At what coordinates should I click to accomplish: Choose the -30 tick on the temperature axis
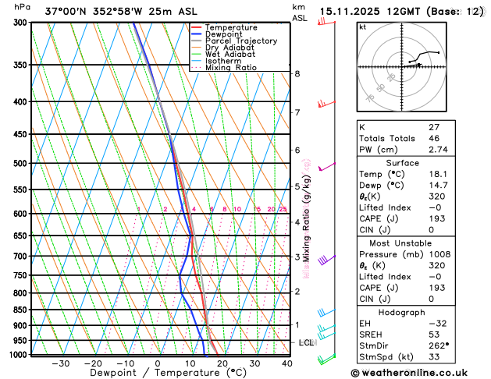tap(60, 363)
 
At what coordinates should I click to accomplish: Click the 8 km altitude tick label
tap(297, 74)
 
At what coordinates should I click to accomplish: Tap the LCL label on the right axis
tap(307, 342)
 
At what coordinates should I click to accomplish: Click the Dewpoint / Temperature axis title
tap(158, 374)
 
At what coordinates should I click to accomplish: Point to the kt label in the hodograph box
tap(362, 27)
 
